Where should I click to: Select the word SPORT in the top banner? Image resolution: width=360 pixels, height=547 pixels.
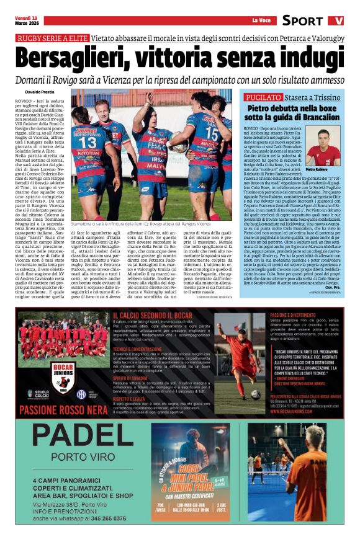click(302, 20)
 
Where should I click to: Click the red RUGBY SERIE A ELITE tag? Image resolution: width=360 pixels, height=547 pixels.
click(52, 38)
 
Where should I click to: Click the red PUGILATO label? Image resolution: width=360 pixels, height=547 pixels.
click(263, 97)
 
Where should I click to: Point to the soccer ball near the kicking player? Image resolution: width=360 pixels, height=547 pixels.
click(255, 393)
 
